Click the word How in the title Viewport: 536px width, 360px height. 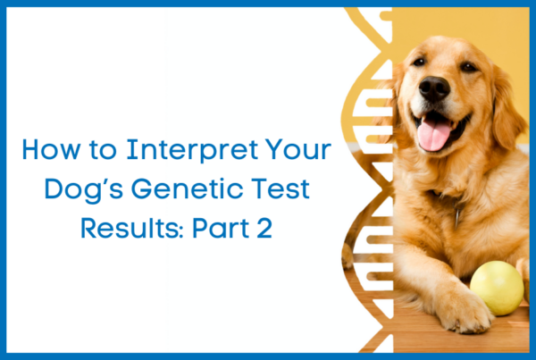point(52,149)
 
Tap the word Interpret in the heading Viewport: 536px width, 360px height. point(192,150)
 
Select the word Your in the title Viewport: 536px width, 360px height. point(298,149)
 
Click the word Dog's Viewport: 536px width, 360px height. point(84,190)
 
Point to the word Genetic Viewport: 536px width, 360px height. point(187,188)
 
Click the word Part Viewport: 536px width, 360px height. point(221,228)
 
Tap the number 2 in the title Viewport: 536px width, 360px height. point(264,228)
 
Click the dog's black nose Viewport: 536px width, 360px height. point(434,88)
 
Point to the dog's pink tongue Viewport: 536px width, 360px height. point(433,134)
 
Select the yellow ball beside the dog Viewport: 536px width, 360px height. point(497,288)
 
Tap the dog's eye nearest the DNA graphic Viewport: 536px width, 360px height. point(418,62)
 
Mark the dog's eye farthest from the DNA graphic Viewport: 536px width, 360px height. point(468,67)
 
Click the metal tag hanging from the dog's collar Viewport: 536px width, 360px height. point(457,216)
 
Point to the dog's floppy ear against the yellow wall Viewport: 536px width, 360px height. point(507,109)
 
